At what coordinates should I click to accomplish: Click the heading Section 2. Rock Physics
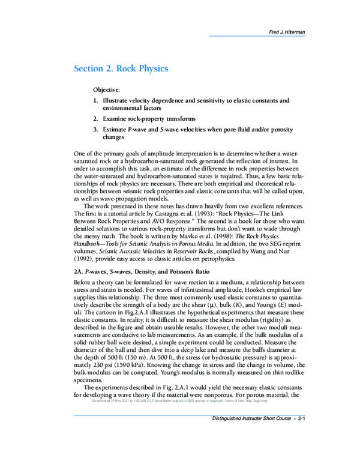coord(121,68)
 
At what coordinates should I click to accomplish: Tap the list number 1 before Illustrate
coord(95,100)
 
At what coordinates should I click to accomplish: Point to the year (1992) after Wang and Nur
coord(84,259)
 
